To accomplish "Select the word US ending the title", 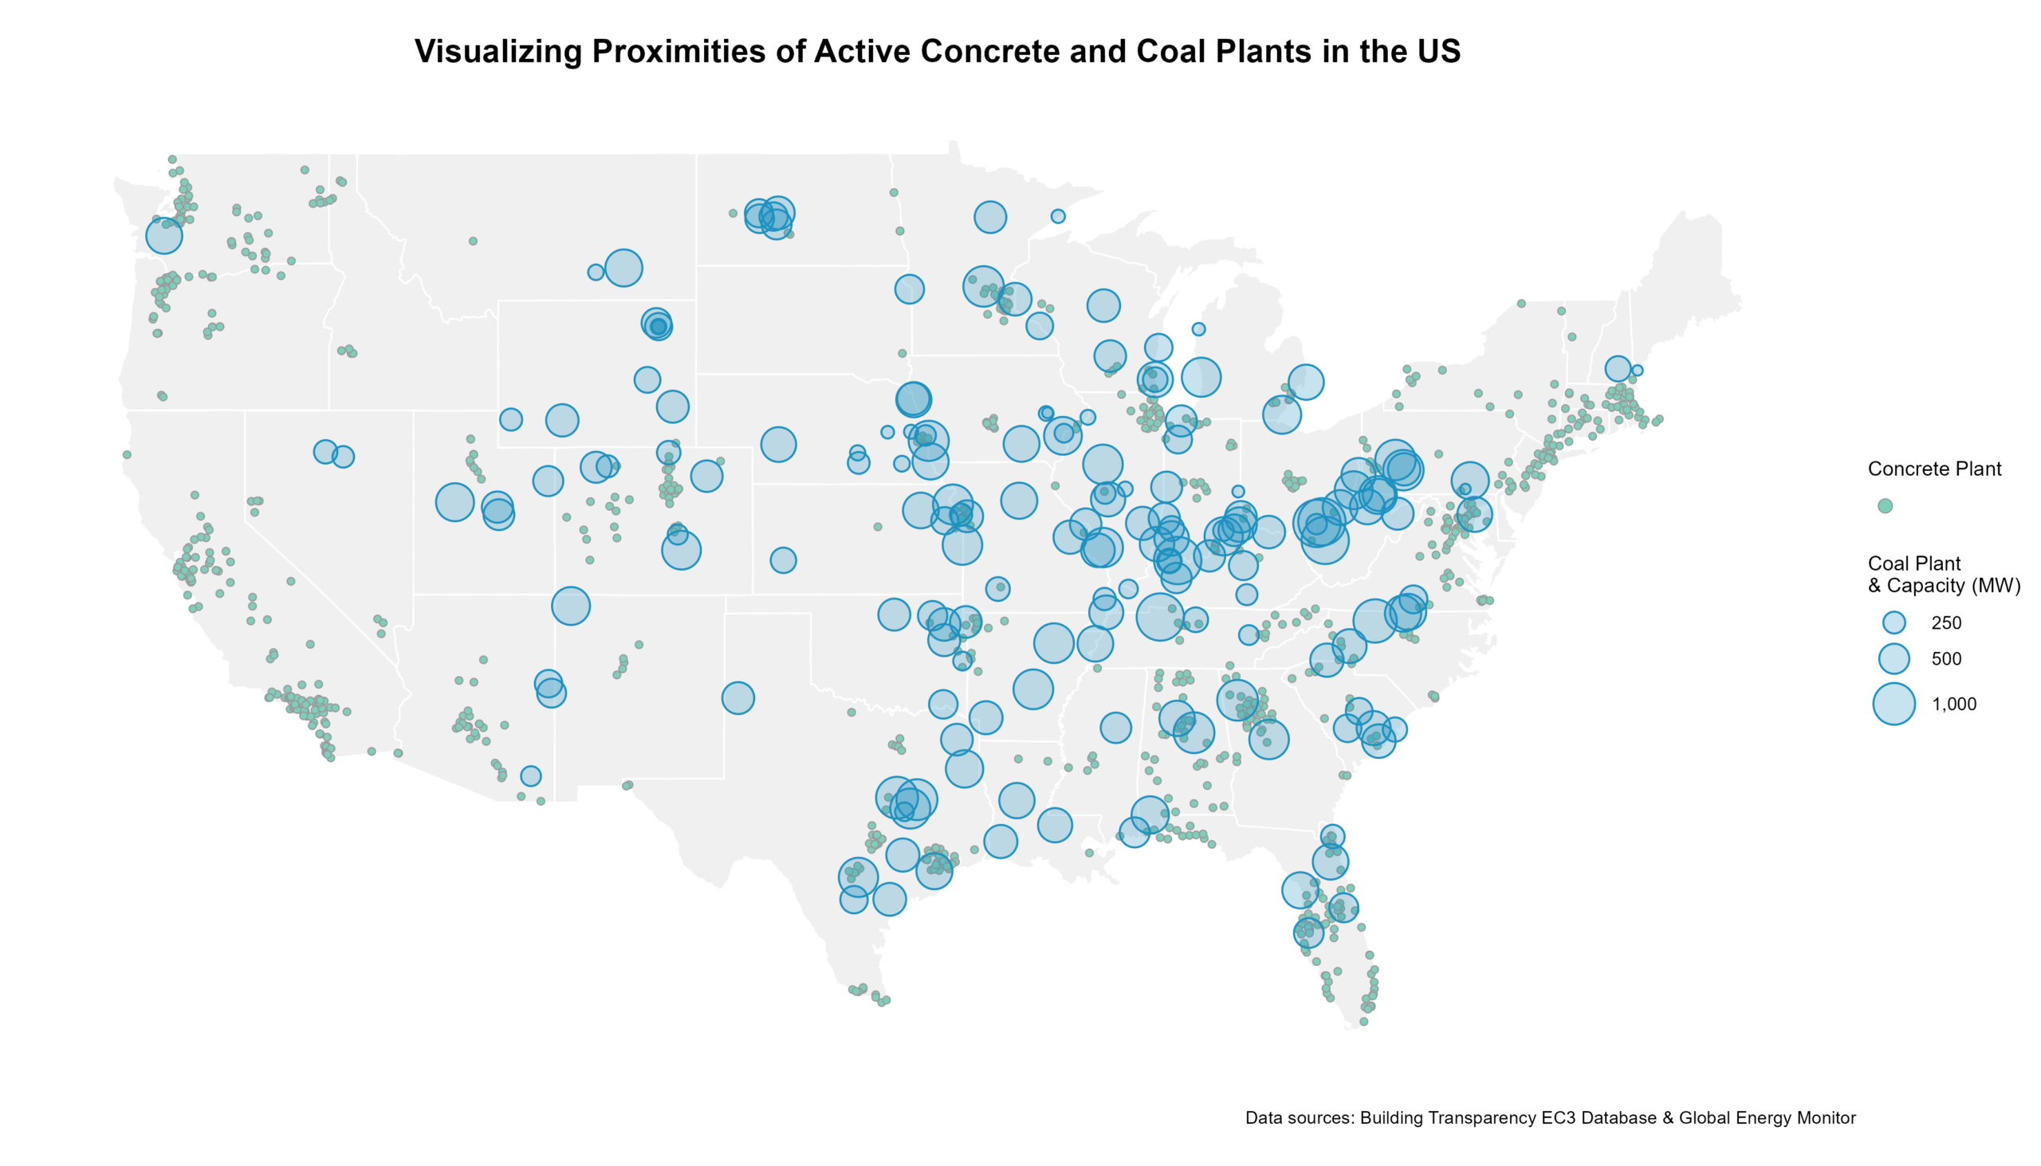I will [x=1437, y=51].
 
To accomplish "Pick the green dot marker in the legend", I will [x=1885, y=506].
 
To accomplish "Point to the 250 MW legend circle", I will [x=1894, y=623].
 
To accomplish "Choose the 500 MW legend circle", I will [x=1894, y=659].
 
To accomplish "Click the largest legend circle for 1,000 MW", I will [x=1894, y=704].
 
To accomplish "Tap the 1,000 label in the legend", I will [x=1953, y=705].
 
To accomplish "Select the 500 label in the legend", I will [x=1945, y=659].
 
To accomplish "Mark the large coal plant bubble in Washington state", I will [x=164, y=235].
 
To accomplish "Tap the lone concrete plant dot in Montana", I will [x=473, y=241].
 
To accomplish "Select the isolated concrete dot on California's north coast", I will [x=127, y=455].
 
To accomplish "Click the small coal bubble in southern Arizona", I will [x=530, y=776].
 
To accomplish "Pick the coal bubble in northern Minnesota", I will [x=990, y=217].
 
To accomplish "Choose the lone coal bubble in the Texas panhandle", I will [x=737, y=698].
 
